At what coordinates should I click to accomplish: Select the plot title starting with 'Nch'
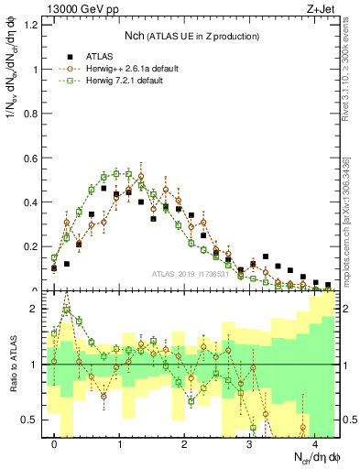pos(191,36)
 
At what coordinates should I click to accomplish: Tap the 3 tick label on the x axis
pos(250,442)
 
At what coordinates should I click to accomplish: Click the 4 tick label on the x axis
pos(315,442)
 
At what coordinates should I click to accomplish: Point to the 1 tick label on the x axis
pos(120,442)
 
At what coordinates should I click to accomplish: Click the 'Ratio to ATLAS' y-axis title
pos(12,364)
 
